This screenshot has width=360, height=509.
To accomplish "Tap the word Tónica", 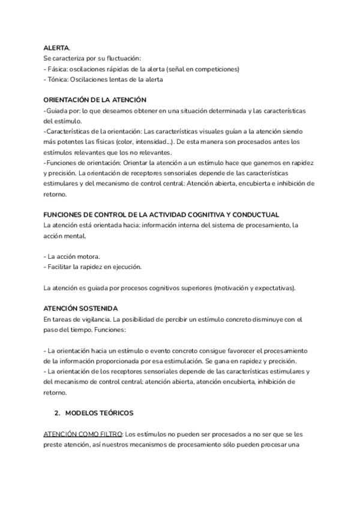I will [x=58, y=79].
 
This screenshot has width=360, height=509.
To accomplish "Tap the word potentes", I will [x=74, y=142].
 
